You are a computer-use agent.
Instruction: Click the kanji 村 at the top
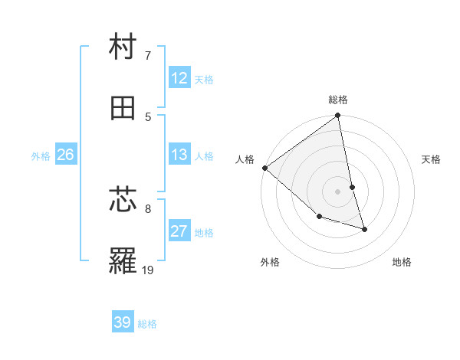pyautogui.click(x=123, y=48)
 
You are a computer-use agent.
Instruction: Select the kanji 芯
pyautogui.click(x=123, y=201)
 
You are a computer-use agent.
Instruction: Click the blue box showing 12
pyautogui.click(x=179, y=77)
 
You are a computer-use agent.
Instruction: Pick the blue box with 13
pyautogui.click(x=179, y=155)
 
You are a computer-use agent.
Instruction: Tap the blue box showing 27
pyautogui.click(x=179, y=231)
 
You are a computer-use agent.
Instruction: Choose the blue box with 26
pyautogui.click(x=65, y=155)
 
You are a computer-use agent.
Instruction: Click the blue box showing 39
pyautogui.click(x=123, y=322)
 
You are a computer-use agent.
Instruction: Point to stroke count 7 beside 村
pyautogui.click(x=147, y=55)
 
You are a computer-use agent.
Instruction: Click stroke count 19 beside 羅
pyautogui.click(x=149, y=270)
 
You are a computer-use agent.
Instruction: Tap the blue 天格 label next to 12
pyautogui.click(x=204, y=79)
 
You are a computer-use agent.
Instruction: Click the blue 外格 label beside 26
pyautogui.click(x=41, y=156)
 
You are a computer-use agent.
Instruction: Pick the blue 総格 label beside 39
pyautogui.click(x=147, y=324)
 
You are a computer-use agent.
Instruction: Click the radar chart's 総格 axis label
pyautogui.click(x=338, y=100)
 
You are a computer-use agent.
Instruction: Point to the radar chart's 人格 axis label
pyautogui.click(x=245, y=159)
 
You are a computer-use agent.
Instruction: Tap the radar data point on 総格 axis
pyautogui.click(x=338, y=116)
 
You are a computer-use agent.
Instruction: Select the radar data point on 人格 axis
pyautogui.click(x=265, y=168)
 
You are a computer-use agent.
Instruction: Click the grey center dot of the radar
pyautogui.click(x=338, y=191)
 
